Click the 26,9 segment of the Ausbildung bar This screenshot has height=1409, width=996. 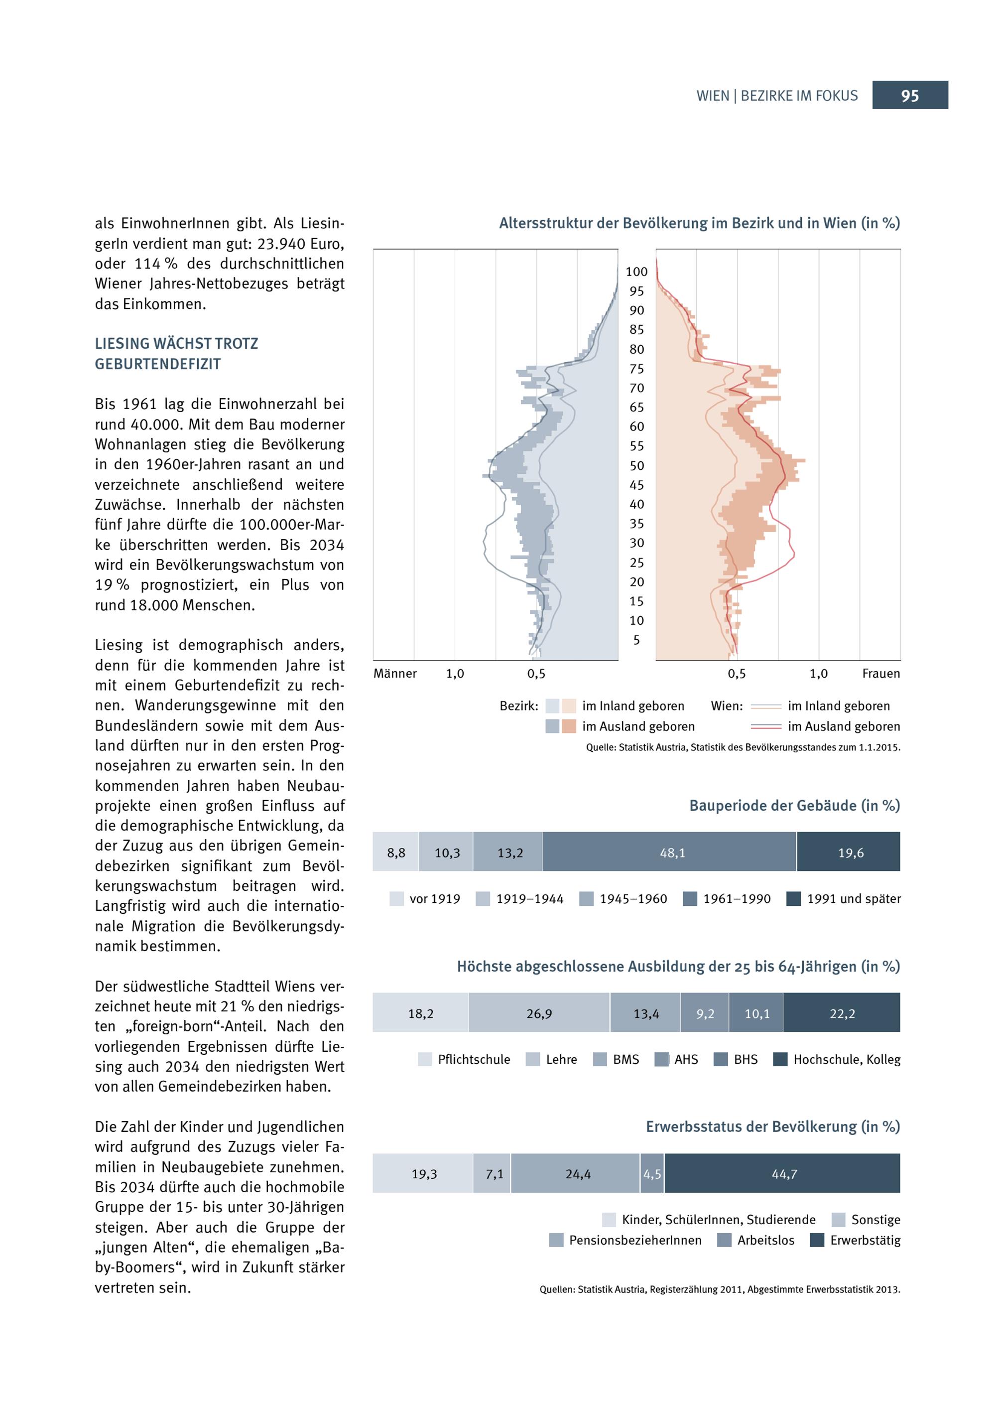click(x=539, y=1014)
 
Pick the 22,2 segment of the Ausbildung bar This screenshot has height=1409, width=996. click(x=842, y=1014)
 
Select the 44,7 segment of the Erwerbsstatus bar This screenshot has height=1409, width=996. click(x=782, y=1174)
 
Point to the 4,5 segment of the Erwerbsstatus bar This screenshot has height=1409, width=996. click(x=652, y=1174)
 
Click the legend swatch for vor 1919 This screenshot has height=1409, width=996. click(x=397, y=899)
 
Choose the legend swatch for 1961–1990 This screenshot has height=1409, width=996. click(x=690, y=899)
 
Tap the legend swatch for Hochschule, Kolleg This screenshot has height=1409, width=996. click(x=780, y=1060)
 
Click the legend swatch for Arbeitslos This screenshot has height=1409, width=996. click(x=724, y=1240)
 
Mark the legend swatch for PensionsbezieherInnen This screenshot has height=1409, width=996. click(x=556, y=1240)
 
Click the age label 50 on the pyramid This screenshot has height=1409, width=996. click(x=636, y=466)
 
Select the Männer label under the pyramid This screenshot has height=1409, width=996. click(x=395, y=674)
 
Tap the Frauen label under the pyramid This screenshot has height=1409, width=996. click(x=880, y=674)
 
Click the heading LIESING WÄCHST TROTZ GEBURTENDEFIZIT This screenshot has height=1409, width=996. click(x=177, y=353)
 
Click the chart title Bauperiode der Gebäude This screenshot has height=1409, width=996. click(x=794, y=806)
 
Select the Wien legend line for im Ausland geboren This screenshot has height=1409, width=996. click(x=766, y=726)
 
